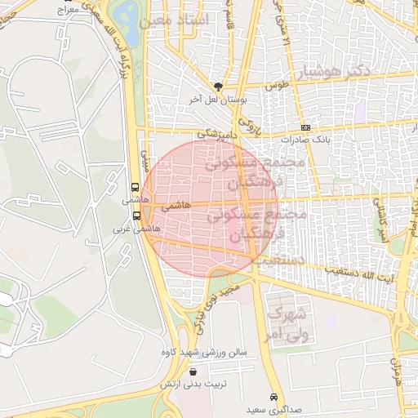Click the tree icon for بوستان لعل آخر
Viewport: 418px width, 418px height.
click(218, 86)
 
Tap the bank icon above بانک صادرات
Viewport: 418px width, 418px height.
click(305, 127)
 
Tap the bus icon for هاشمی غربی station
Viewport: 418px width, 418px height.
click(136, 216)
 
